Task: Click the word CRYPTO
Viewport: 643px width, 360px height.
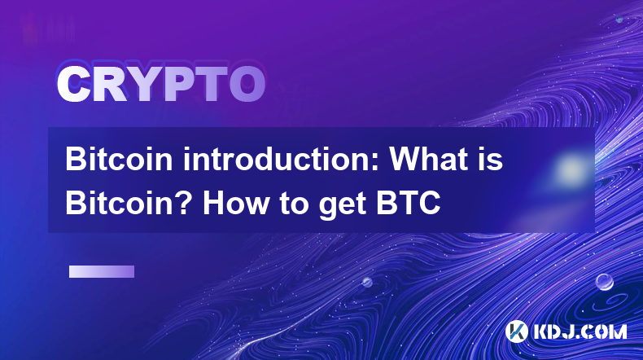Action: [161, 85]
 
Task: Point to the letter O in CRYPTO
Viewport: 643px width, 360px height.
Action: [247, 85]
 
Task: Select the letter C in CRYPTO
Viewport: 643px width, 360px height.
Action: [73, 85]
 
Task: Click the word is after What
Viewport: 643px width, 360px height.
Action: [492, 159]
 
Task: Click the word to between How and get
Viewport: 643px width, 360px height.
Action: [295, 204]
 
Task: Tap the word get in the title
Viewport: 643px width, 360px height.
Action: [343, 205]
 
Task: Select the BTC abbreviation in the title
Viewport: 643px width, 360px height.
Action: [409, 203]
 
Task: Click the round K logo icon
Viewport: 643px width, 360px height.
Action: [517, 331]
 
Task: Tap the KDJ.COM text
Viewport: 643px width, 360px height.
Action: [580, 331]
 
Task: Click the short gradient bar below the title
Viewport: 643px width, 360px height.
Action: [102, 272]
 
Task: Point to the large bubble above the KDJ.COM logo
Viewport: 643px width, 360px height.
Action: [605, 282]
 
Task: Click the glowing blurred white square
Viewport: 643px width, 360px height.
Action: [571, 169]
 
